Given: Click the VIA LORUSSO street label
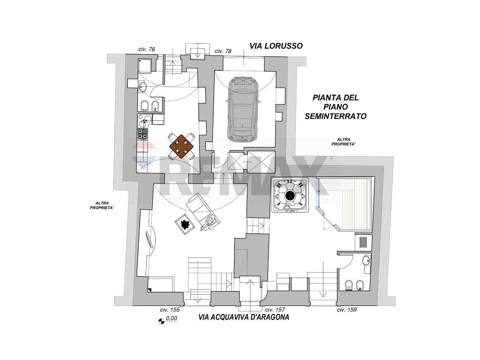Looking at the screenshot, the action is point(276,46).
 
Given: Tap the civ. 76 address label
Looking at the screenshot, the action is point(147,49).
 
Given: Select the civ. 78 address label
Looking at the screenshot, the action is point(223,51).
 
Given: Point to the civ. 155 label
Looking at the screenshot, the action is point(170,310).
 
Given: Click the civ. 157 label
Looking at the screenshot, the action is point(275,310).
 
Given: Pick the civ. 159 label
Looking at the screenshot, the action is point(347,310).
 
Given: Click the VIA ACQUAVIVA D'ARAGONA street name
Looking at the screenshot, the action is point(244,317).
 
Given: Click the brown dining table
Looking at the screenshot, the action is point(181,146).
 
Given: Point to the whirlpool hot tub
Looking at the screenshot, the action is point(290,195).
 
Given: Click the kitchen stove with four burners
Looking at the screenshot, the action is point(142,134).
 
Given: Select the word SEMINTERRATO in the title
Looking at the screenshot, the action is point(336,116).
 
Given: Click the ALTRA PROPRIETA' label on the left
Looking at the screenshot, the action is point(102,205).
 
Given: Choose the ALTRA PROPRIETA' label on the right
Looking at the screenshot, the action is point(344,142).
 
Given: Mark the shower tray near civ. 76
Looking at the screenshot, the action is point(145,65).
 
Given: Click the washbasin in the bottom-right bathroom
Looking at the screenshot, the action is point(366,261).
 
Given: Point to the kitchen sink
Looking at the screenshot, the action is point(145,120).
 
